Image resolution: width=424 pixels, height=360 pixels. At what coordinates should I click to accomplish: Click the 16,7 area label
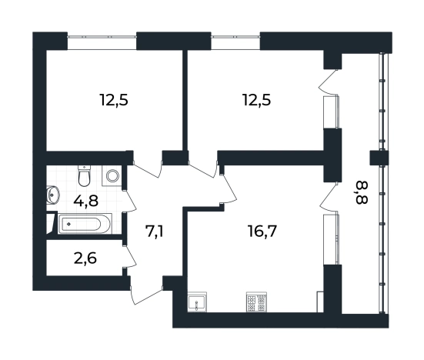pyautogui.click(x=262, y=232)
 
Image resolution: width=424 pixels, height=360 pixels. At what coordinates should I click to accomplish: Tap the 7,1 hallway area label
pyautogui.click(x=155, y=232)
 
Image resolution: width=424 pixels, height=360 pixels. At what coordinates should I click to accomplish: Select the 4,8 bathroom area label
pyautogui.click(x=85, y=201)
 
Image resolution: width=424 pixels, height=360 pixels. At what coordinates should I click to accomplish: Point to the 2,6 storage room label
pyautogui.click(x=85, y=258)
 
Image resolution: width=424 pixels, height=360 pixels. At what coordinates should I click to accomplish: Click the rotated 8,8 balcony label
pyautogui.click(x=360, y=193)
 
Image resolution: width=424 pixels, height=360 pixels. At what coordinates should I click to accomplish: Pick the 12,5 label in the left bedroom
pyautogui.click(x=114, y=100)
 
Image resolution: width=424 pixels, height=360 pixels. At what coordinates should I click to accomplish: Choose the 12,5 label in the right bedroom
pyautogui.click(x=256, y=100)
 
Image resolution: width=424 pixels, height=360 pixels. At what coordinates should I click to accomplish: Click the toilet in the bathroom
pyautogui.click(x=84, y=175)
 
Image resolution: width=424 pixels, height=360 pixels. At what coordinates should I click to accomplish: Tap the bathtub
pyautogui.click(x=85, y=224)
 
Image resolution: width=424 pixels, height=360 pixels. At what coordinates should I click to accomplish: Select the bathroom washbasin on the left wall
pyautogui.click(x=53, y=194)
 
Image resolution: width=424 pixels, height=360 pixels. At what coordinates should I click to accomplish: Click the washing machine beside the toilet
pyautogui.click(x=112, y=175)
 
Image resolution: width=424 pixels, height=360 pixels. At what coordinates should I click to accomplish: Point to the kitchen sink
pyautogui.click(x=197, y=302)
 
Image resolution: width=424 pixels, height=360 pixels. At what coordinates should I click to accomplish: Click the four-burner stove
pyautogui.click(x=257, y=302)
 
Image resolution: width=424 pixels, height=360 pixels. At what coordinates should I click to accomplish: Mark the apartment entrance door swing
pyautogui.click(x=146, y=292)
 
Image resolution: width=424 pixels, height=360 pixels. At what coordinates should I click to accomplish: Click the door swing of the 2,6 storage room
pyautogui.click(x=129, y=257)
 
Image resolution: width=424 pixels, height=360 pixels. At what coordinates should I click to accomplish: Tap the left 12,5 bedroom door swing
pyautogui.click(x=148, y=169)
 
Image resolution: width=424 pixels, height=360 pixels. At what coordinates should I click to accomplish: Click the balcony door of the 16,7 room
pyautogui.click(x=329, y=196)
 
